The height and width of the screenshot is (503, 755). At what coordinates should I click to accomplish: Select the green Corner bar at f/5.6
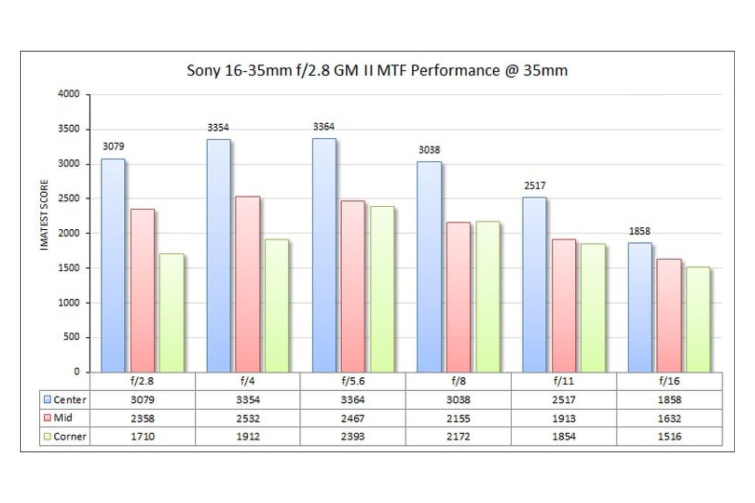click(x=382, y=289)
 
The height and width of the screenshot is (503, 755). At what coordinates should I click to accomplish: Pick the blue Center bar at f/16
click(x=640, y=307)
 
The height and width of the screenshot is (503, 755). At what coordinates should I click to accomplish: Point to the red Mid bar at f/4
click(x=248, y=284)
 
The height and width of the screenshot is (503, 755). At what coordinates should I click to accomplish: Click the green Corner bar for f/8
click(x=488, y=297)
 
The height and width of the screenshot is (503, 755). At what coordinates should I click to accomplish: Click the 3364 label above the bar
click(x=324, y=127)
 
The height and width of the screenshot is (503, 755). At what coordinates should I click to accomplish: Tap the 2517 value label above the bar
click(x=535, y=186)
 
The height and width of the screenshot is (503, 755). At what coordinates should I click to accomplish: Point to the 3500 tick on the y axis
click(x=69, y=129)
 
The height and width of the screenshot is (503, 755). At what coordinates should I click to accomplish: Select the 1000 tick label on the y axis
click(x=69, y=303)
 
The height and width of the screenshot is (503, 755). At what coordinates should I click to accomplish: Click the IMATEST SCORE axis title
click(x=44, y=215)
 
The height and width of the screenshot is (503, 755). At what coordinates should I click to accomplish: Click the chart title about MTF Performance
click(x=377, y=70)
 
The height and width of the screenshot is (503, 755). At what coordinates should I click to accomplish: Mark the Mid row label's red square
click(x=47, y=418)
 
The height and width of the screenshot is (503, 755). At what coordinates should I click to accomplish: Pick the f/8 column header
click(x=458, y=381)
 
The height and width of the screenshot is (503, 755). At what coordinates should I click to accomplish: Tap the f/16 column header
click(x=669, y=381)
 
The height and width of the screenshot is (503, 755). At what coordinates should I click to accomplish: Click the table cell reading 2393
click(x=352, y=437)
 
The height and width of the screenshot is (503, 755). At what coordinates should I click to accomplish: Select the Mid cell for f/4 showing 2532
click(x=248, y=418)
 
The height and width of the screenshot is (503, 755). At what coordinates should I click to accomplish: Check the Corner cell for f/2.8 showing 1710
click(x=142, y=437)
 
